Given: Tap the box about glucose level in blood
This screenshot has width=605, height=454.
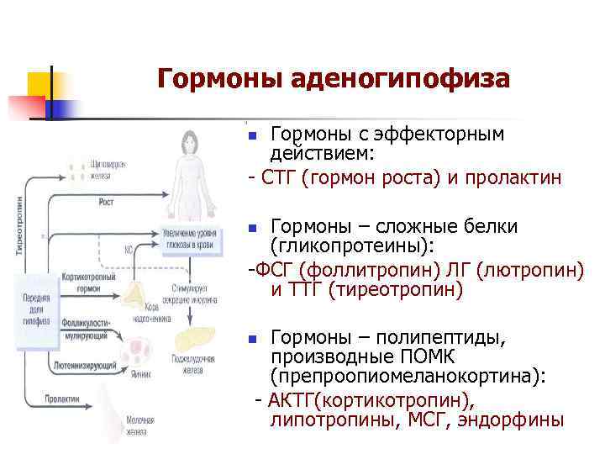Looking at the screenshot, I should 190,238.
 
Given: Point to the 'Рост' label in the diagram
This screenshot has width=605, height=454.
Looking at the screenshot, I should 107,203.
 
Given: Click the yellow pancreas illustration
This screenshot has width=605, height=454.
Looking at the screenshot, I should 194,340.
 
